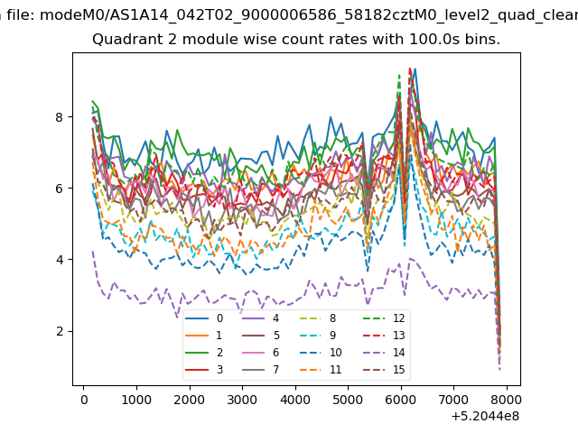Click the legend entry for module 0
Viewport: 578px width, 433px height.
(204, 318)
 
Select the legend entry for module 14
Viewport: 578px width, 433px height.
(387, 353)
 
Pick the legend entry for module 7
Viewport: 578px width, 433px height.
(261, 369)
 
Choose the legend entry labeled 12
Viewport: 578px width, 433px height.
(387, 318)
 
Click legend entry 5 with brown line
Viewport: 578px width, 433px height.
(261, 335)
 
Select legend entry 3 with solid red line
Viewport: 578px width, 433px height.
(204, 369)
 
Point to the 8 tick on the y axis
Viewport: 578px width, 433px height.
(59, 117)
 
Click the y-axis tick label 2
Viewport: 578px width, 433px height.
(59, 331)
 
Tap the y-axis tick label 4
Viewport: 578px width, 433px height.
(59, 260)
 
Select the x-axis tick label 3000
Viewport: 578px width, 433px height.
(242, 400)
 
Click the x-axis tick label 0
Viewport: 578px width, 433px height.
(84, 400)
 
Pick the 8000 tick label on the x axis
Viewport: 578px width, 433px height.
(506, 400)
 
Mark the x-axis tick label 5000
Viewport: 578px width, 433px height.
(347, 400)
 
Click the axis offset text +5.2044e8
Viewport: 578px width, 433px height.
(485, 417)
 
